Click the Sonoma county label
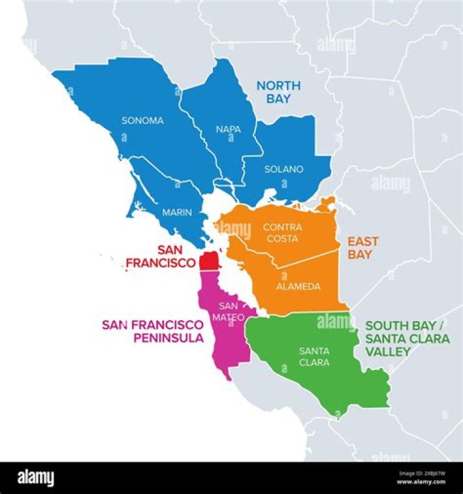[143, 120]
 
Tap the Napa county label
[229, 129]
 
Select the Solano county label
[284, 170]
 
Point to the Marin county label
[176, 212]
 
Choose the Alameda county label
[298, 287]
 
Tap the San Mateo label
[232, 312]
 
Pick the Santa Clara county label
[314, 357]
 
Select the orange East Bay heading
[363, 248]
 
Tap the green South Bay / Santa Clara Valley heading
[404, 339]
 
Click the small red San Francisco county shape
[208, 261]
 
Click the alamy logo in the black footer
[35, 478]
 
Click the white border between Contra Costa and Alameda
[302, 260]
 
